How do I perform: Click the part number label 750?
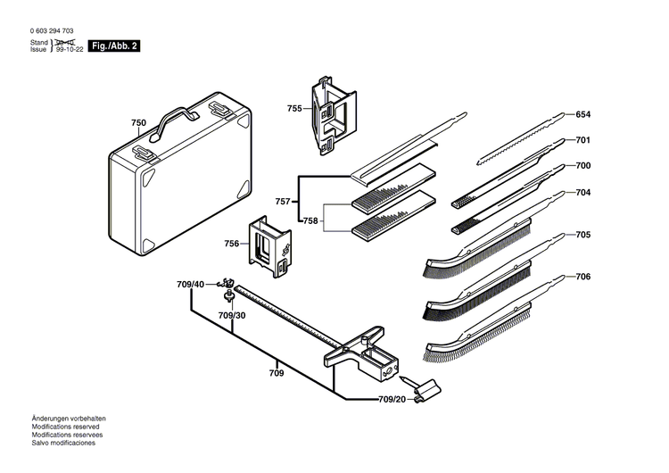point(138,123)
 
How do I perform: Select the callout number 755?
point(294,108)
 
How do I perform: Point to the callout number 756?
point(231,243)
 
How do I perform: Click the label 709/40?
point(190,285)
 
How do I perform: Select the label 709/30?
point(232,316)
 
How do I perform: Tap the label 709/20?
point(392,399)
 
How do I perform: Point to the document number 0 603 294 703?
point(58,31)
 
